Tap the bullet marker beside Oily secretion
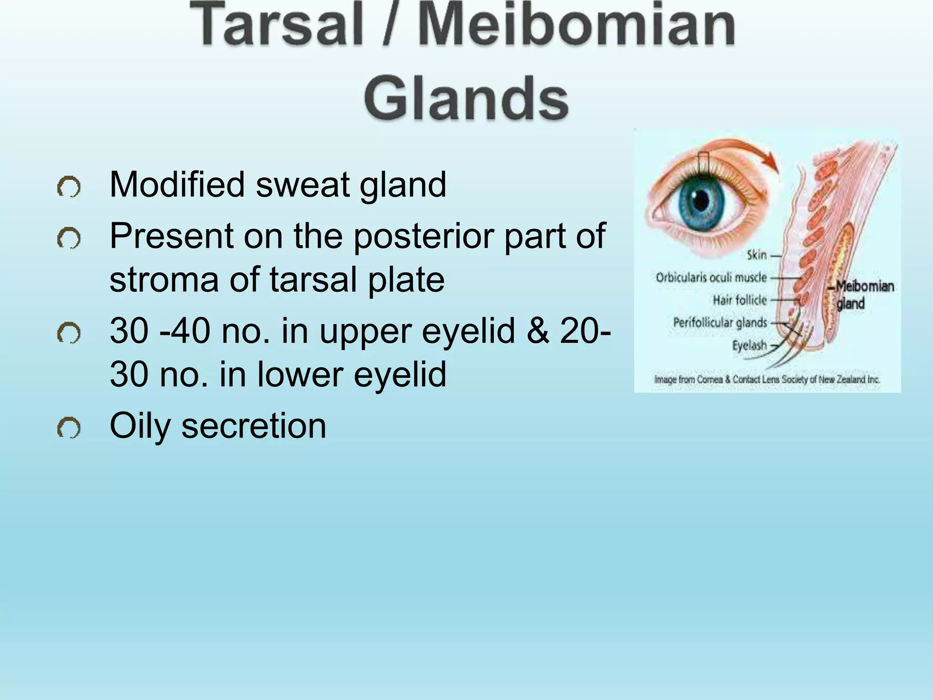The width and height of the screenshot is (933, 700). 69,428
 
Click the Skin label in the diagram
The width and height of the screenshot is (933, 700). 756,255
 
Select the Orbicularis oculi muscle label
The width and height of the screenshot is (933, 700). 711,278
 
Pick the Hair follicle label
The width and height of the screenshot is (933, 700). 740,300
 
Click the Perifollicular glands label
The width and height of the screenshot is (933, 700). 720,323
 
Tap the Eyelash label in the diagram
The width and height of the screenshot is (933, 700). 749,345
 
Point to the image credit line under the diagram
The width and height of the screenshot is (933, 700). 767,379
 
